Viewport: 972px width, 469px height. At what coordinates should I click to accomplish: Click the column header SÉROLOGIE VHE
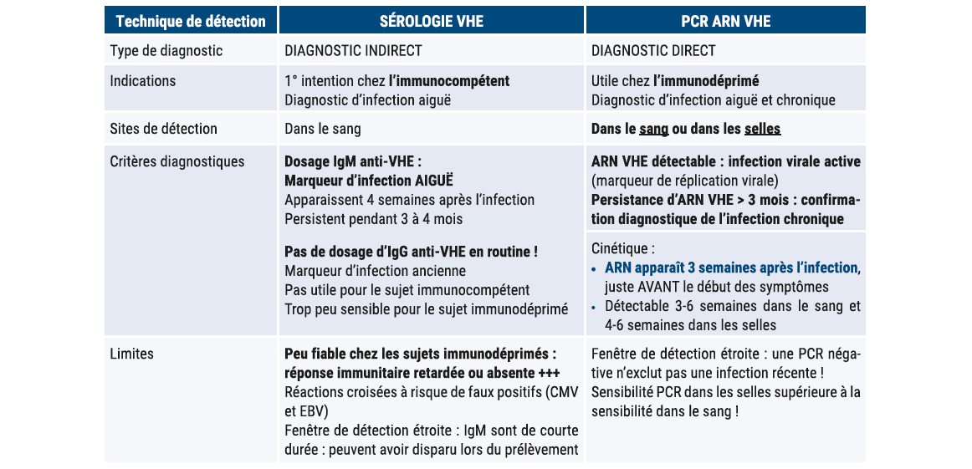pyautogui.click(x=431, y=21)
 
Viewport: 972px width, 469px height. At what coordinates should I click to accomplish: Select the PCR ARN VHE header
pyautogui.click(x=724, y=21)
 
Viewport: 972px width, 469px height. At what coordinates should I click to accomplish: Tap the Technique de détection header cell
pyautogui.click(x=191, y=21)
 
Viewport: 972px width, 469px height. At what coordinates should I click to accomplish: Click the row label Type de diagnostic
pyautogui.click(x=166, y=51)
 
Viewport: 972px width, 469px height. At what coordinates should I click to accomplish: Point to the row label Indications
pyautogui.click(x=143, y=81)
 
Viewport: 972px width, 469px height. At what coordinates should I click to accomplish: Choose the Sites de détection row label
pyautogui.click(x=164, y=129)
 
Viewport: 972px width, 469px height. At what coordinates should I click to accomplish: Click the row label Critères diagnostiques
pyautogui.click(x=177, y=161)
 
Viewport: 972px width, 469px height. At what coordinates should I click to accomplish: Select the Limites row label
pyautogui.click(x=132, y=354)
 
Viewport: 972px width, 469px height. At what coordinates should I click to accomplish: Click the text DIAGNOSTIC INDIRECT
pyautogui.click(x=353, y=51)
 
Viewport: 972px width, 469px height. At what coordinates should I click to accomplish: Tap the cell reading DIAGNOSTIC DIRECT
pyautogui.click(x=653, y=51)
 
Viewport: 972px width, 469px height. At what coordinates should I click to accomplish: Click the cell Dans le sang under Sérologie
pyautogui.click(x=323, y=129)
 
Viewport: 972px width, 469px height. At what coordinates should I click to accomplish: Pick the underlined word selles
pyautogui.click(x=762, y=130)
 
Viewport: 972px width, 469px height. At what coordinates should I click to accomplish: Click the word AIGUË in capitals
pyautogui.click(x=436, y=181)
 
